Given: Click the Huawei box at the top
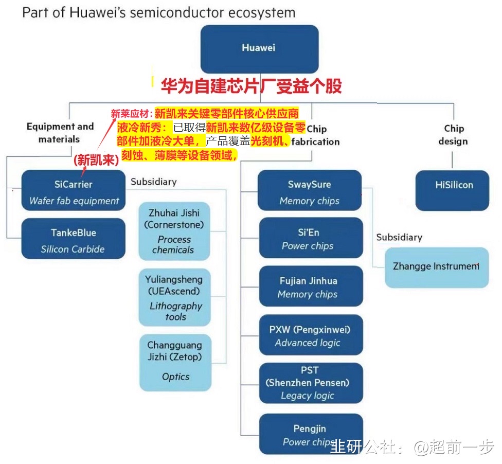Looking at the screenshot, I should [259, 48].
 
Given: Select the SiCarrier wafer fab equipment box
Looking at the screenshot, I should [74, 192].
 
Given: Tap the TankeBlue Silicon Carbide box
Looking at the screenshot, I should [74, 240].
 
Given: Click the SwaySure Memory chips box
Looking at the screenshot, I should [309, 192].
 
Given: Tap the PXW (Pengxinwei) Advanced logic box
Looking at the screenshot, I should [309, 335].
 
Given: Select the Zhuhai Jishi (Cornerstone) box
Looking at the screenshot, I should [175, 231].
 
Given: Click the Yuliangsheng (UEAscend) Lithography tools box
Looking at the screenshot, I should [174, 297].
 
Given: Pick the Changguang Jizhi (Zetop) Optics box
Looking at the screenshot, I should [175, 362].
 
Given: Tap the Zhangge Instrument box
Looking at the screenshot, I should [436, 266].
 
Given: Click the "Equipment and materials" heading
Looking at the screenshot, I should [60, 133].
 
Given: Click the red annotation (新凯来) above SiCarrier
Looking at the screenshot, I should [96, 159].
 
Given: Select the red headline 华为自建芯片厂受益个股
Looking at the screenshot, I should [251, 86].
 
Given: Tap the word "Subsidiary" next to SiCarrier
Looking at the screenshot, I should [153, 182].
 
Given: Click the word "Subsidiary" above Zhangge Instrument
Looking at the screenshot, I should [399, 237].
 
